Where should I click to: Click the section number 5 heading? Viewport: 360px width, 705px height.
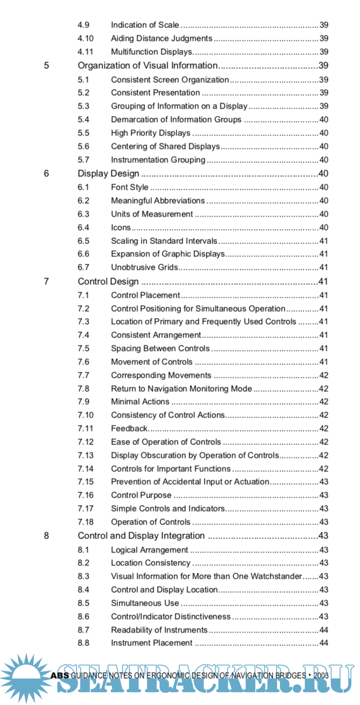(46, 66)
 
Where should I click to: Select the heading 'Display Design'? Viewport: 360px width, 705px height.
(109, 174)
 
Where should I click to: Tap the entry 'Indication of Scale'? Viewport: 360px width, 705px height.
(145, 25)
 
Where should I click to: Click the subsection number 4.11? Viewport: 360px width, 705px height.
(85, 52)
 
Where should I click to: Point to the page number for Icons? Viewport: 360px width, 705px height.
(324, 228)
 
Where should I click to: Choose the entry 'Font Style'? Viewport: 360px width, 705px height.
(129, 188)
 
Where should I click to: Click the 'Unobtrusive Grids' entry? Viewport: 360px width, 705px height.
(144, 268)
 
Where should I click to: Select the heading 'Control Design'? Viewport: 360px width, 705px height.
(108, 282)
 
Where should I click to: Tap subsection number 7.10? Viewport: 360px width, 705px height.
(85, 415)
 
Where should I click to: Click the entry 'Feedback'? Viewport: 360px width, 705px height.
(129, 429)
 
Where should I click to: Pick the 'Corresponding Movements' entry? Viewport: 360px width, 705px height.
(161, 376)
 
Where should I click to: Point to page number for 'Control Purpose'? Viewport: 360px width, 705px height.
(324, 495)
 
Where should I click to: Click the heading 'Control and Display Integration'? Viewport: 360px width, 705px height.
(141, 536)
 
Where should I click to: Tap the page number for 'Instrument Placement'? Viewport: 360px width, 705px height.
(324, 643)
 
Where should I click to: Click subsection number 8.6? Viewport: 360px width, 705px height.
(83, 617)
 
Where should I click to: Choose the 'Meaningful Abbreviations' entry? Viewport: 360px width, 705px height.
(157, 201)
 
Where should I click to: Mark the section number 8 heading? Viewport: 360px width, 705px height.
(46, 536)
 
